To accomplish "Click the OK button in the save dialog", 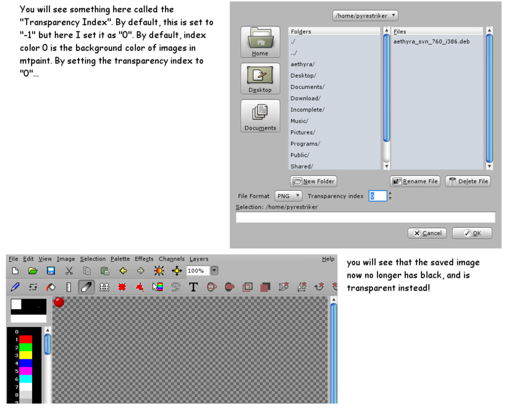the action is point(472,233).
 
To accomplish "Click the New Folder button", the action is point(313,181).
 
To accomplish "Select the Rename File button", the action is point(415,181).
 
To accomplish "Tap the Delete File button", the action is point(468,181).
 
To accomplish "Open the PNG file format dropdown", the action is point(289,196).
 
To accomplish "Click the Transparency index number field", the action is point(377,196).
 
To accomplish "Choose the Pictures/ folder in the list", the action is point(303,133).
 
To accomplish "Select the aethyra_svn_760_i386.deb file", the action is point(431,41).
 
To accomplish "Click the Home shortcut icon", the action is point(260,42).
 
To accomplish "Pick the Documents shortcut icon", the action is point(260,115).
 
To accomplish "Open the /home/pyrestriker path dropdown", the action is point(365,15).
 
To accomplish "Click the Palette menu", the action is point(120,259).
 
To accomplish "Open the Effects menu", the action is point(144,259).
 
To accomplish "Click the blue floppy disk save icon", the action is point(51,271).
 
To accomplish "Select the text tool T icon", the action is point(193,287).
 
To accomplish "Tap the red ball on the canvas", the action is point(59,302).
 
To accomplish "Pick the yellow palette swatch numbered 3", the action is point(25,355).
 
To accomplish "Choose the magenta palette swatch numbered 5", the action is point(25,371).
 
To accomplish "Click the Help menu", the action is point(328,259).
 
